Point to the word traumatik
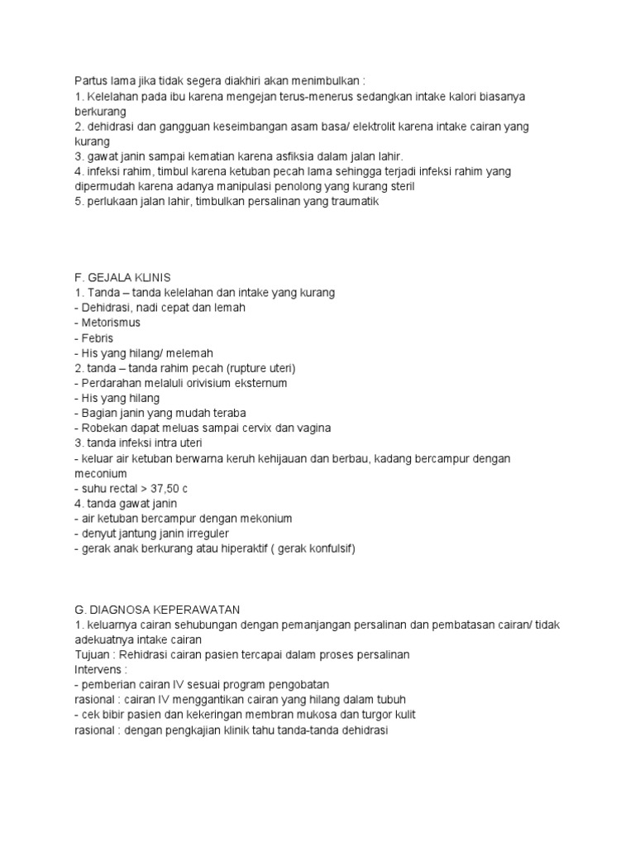point(351,201)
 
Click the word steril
point(399,186)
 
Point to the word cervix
point(266,428)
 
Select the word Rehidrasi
point(148,654)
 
